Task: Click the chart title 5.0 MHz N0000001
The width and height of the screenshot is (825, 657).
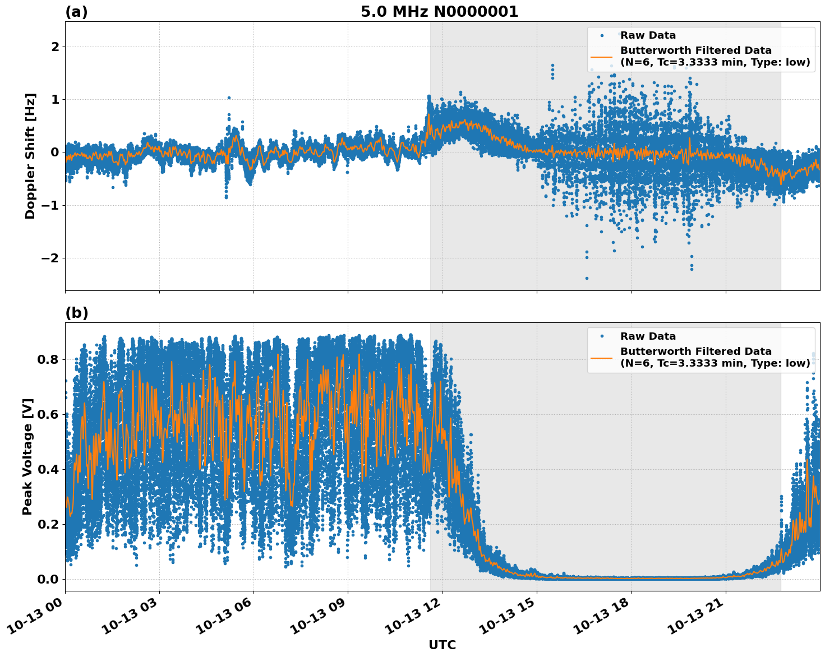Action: pyautogui.click(x=439, y=12)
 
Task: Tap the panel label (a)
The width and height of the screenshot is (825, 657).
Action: pyautogui.click(x=76, y=12)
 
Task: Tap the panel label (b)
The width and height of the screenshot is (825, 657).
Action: pyautogui.click(x=76, y=313)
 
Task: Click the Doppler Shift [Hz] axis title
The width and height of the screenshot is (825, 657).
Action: pyautogui.click(x=30, y=156)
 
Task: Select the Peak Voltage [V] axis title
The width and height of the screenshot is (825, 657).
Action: pyautogui.click(x=27, y=456)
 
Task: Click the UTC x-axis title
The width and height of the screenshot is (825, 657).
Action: pyautogui.click(x=442, y=645)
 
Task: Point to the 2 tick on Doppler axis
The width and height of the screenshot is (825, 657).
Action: pyautogui.click(x=55, y=47)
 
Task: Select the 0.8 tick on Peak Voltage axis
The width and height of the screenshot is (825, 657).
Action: pyautogui.click(x=48, y=359)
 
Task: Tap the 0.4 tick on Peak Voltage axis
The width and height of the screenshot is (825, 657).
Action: pyautogui.click(x=48, y=469)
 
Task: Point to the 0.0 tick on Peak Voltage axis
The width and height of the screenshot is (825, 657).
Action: pyautogui.click(x=48, y=579)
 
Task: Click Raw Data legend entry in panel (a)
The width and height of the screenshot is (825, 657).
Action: pyautogui.click(x=648, y=35)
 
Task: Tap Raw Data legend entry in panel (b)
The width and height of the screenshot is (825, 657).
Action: pyautogui.click(x=648, y=336)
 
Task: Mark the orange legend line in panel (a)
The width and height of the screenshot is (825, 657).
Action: pyautogui.click(x=602, y=56)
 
